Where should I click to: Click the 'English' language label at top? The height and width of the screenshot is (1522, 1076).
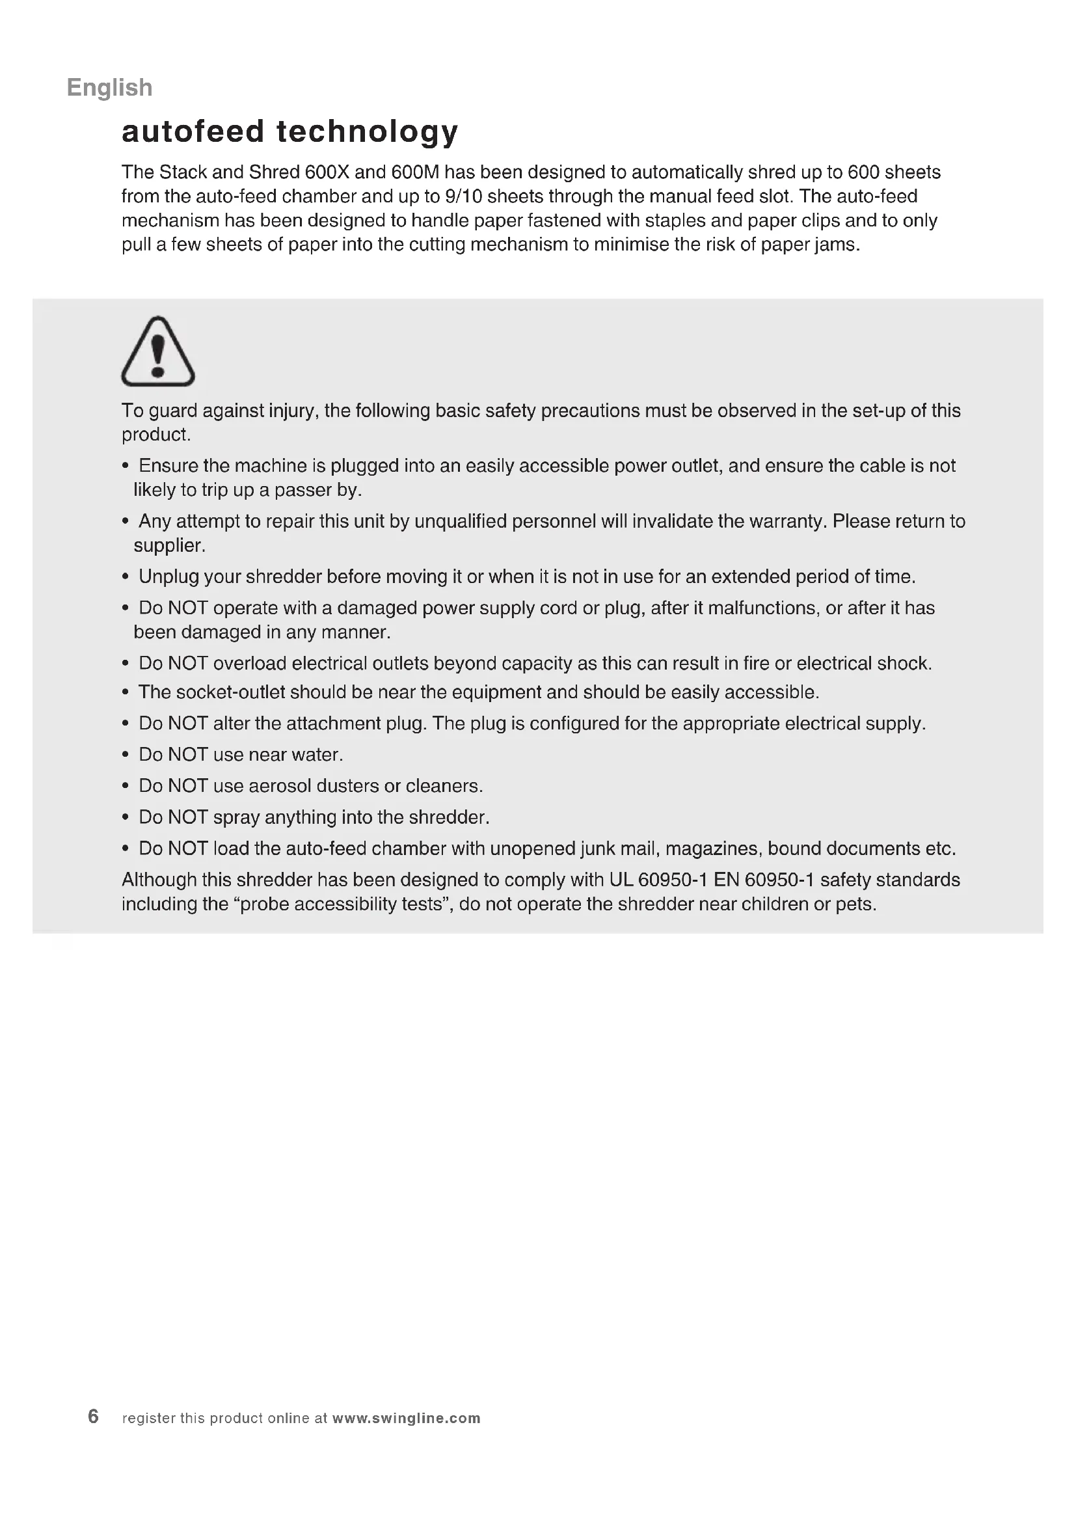tap(109, 87)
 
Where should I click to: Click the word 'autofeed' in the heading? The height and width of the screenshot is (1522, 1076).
tap(193, 131)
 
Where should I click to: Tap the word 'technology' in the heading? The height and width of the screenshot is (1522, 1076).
tap(367, 131)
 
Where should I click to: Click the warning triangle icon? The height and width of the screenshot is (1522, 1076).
tap(157, 352)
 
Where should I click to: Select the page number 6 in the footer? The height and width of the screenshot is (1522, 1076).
tap(94, 1417)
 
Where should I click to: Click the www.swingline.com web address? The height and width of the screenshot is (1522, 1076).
tap(406, 1418)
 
